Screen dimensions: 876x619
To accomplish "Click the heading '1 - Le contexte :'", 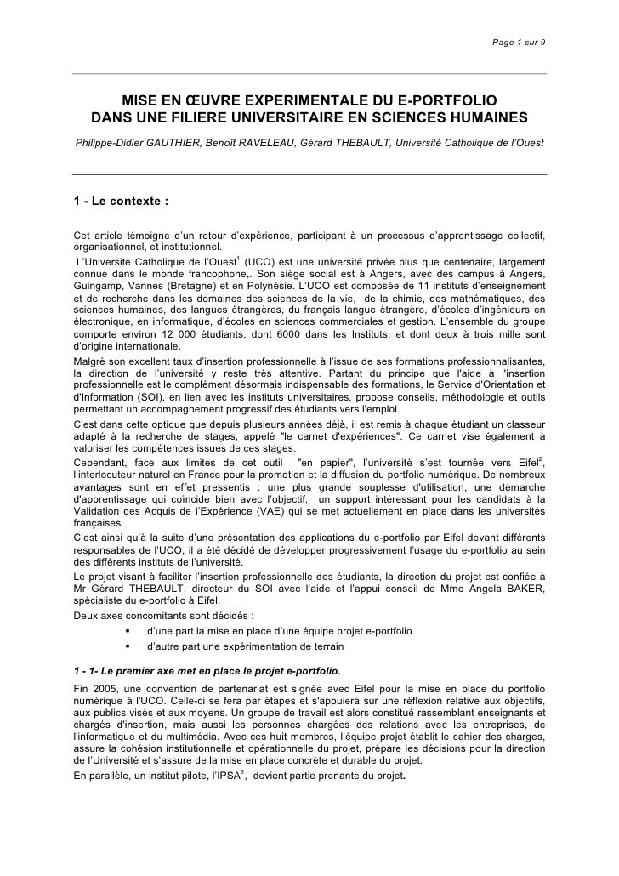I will [122, 202].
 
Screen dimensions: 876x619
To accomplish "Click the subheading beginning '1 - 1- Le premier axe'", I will [207, 668].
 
